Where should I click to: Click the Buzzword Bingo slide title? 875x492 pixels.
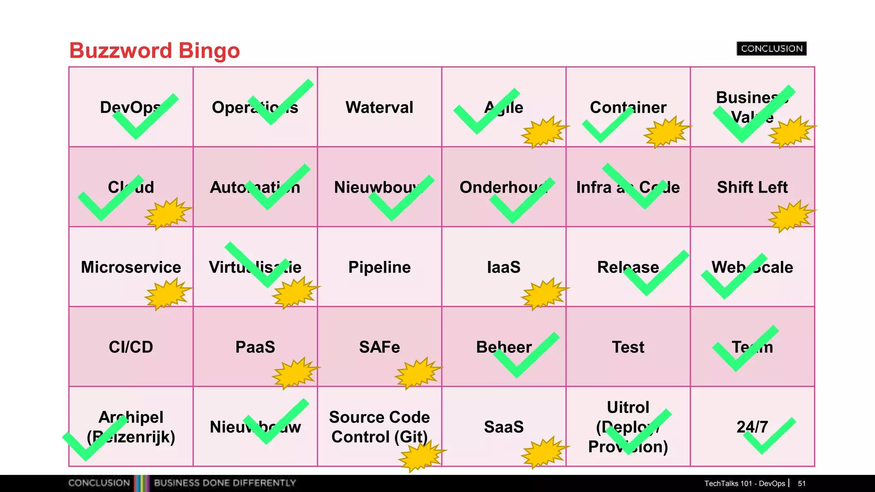point(154,50)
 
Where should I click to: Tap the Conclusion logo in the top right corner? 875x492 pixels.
point(771,49)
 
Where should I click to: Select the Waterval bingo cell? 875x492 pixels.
point(379,107)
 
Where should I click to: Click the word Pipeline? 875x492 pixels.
point(379,267)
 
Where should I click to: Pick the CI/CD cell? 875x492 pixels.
point(131,347)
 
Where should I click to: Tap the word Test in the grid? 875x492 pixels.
point(628,347)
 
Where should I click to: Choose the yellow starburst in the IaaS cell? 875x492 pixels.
point(544,293)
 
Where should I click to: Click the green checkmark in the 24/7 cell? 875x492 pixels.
point(767,436)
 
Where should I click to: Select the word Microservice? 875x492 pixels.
point(131,267)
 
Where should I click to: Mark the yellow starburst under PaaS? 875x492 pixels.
point(295,373)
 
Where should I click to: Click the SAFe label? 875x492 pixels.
point(379,347)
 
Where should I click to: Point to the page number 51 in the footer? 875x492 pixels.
point(802,483)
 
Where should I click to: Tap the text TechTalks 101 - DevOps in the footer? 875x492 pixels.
point(744,483)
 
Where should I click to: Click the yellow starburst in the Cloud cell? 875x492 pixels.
point(167,214)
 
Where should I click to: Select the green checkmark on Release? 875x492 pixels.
point(654,275)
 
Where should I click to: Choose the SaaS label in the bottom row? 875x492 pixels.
point(504,427)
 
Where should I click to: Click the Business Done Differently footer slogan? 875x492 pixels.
point(225,483)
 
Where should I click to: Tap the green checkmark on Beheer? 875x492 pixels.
point(523,357)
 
